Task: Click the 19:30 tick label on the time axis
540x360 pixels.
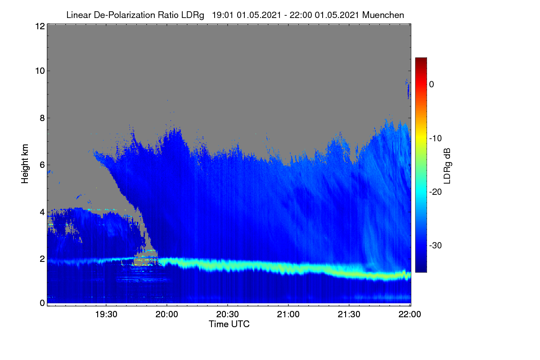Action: (106, 315)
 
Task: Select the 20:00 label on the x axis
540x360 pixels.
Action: (167, 315)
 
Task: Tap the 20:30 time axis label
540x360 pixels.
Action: (227, 315)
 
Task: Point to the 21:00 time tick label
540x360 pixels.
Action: (288, 315)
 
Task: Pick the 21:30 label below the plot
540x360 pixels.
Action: (349, 315)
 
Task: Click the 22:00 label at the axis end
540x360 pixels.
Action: (409, 315)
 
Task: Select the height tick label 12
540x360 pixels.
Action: (40, 26)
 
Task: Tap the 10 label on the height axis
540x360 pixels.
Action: (40, 71)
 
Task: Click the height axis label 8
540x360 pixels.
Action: (42, 118)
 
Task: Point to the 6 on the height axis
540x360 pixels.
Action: (42, 165)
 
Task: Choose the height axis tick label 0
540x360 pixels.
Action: (42, 303)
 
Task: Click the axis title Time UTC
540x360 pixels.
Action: (229, 324)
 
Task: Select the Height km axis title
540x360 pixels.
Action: (25, 164)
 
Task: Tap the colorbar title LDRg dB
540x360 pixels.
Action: (447, 166)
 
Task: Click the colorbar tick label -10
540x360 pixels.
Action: (436, 139)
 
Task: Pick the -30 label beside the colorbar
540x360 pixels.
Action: (436, 245)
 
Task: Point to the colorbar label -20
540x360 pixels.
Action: (436, 192)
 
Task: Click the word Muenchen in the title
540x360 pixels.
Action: (383, 15)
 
